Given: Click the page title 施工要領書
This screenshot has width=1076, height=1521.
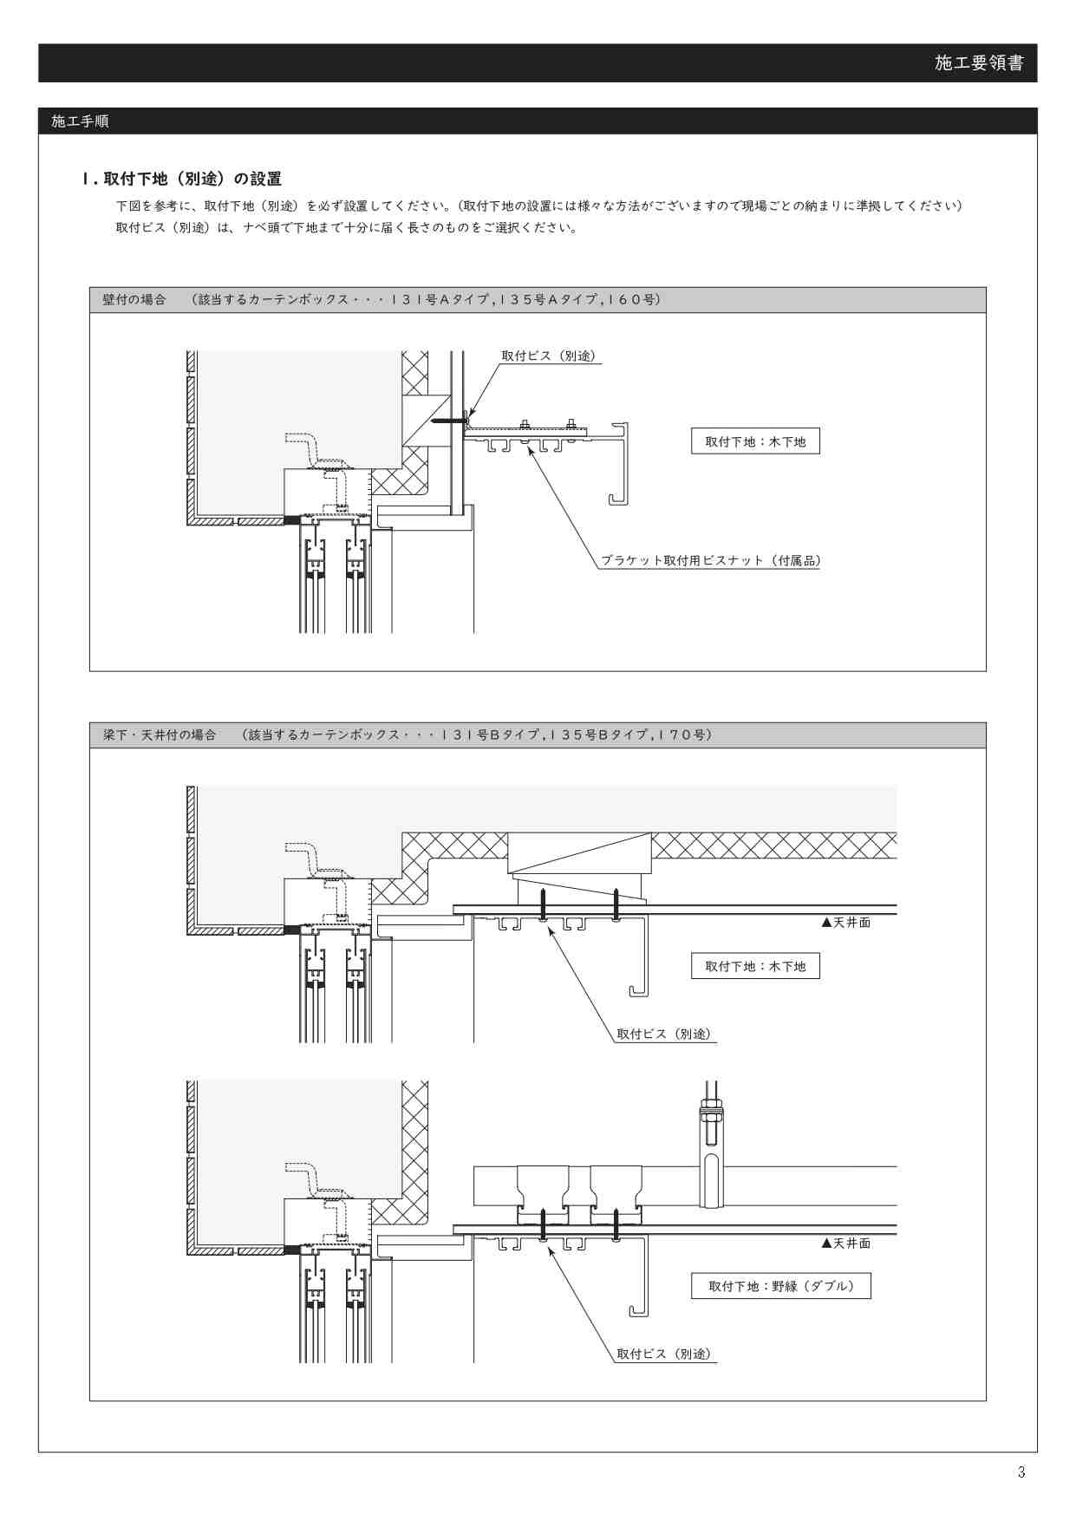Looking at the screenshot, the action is (x=979, y=62).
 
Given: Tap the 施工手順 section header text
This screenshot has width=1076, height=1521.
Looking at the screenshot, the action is (x=80, y=121).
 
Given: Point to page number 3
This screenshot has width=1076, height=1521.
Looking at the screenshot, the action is (x=1021, y=1472).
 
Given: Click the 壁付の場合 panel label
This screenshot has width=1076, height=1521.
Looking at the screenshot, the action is (x=134, y=299).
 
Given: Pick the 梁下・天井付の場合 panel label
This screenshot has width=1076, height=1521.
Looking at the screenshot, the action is (x=160, y=734).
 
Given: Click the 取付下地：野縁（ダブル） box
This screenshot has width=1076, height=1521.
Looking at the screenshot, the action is (x=780, y=1286).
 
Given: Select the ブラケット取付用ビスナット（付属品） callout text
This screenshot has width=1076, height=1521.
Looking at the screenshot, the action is (x=711, y=560).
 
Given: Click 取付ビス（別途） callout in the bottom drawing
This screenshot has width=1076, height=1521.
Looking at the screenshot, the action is (x=666, y=1354).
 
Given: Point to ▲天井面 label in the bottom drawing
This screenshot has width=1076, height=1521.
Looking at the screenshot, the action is (x=845, y=1244).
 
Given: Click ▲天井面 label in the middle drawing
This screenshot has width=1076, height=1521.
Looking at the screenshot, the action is (x=845, y=923).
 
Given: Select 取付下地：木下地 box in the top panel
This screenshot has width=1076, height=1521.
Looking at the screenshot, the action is (x=755, y=441).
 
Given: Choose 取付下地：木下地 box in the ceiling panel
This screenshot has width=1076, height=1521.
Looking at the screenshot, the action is (x=755, y=966).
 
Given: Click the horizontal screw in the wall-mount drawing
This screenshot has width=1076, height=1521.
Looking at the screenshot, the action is (x=449, y=421).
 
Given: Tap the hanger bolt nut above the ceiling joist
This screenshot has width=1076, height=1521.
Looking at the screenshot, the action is (x=710, y=1109).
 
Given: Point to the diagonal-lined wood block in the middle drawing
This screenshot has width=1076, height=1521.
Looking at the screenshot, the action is (x=579, y=853).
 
